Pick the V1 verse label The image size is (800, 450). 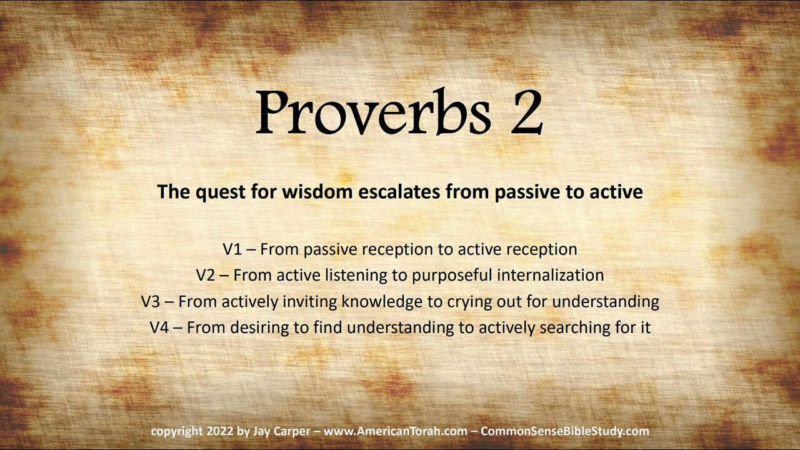[232, 249]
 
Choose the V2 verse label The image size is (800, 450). [206, 276]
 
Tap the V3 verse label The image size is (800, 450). [151, 302]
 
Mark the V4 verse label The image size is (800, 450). [159, 327]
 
